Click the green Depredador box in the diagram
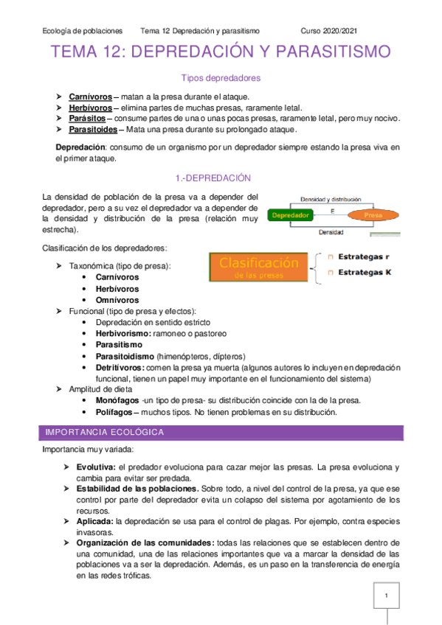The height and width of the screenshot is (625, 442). pos(290,215)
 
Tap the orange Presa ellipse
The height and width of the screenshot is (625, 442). pos(373,215)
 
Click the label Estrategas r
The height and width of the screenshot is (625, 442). pos(364,256)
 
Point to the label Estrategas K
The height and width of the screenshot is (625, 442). pos(365,273)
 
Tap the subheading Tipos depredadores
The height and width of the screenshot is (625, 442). pos(221,77)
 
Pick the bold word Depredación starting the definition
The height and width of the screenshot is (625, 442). pos(80,147)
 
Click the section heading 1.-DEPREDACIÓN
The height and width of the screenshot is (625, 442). pos(221,178)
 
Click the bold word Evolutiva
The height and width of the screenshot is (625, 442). pos(95,468)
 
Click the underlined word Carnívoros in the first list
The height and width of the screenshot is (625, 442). pos(91,97)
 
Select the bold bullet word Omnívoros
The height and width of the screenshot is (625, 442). pos(117,300)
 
